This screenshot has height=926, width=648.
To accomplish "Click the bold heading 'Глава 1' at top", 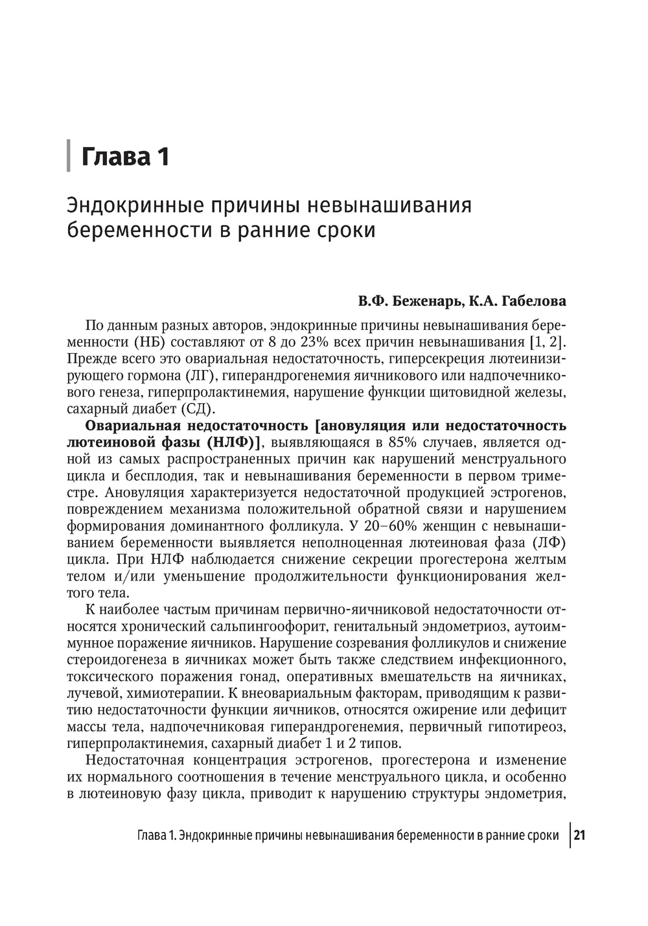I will (124, 157).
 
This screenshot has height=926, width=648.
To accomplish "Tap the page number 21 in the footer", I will (579, 835).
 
